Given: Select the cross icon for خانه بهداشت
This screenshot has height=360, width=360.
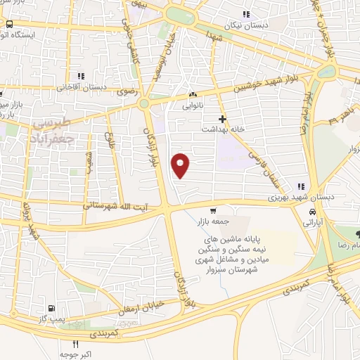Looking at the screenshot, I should coord(223,119).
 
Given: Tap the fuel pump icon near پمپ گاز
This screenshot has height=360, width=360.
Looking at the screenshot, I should coord(51,308).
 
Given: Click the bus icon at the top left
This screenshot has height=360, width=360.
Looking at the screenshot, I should coord(10,24).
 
